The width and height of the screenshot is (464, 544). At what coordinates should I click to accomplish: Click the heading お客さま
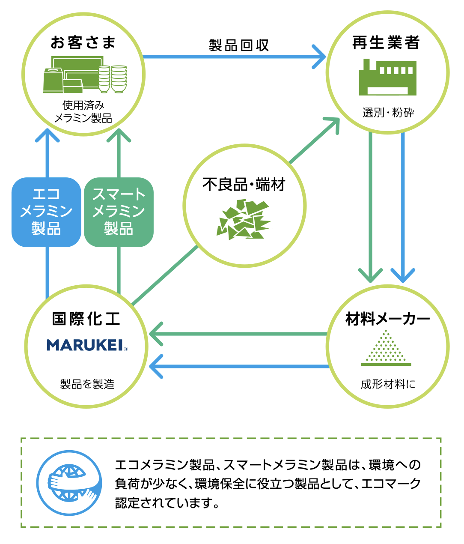tap(83, 43)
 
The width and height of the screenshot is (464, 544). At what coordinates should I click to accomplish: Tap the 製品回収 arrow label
tap(238, 45)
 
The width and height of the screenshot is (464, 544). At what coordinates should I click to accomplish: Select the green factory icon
tap(387, 78)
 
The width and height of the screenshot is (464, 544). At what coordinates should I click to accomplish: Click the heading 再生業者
tap(386, 43)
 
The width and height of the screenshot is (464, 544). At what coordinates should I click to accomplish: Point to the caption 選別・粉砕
tap(388, 113)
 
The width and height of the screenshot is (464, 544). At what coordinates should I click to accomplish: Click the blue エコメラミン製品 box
tap(46, 212)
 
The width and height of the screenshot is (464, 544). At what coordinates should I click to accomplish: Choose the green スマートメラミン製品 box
tap(119, 212)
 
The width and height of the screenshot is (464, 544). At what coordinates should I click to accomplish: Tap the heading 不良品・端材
tap(244, 185)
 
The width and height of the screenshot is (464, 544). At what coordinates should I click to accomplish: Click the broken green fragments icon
tap(243, 220)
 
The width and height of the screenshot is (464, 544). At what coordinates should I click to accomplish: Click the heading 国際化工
tap(86, 319)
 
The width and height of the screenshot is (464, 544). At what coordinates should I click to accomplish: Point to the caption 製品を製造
tap(87, 384)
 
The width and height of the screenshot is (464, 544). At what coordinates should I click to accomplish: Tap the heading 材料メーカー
tap(387, 319)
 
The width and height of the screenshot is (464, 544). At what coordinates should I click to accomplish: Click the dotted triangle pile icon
tap(386, 348)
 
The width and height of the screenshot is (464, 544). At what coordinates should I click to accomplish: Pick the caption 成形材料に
tap(388, 384)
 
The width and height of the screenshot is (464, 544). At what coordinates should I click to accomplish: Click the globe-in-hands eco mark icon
tap(69, 482)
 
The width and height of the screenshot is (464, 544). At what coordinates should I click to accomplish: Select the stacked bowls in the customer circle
tap(112, 79)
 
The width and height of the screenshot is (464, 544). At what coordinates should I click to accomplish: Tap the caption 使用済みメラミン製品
tap(83, 112)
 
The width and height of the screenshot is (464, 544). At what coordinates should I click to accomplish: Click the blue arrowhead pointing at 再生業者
tap(319, 57)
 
